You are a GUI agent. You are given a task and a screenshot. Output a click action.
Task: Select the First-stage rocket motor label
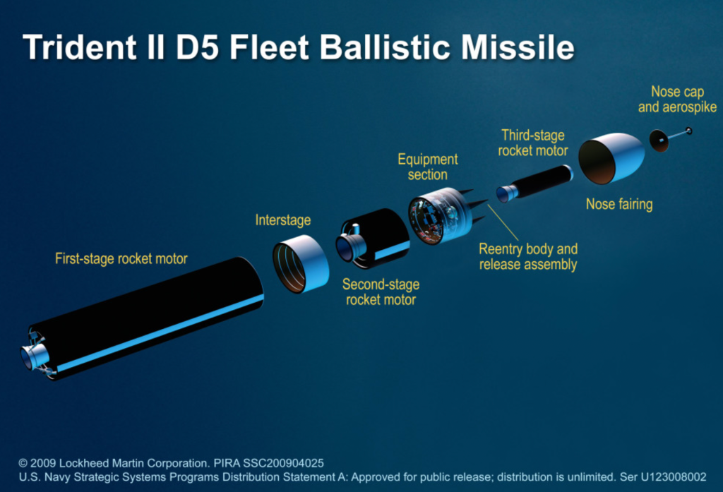click(121, 259)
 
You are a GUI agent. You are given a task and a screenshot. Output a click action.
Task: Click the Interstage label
click(282, 220)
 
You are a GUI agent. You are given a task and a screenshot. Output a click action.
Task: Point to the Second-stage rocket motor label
click(381, 292)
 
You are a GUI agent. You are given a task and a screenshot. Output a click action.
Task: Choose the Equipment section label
click(427, 167)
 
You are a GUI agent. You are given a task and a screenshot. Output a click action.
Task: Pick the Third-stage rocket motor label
click(533, 143)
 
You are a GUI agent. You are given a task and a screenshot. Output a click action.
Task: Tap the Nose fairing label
click(619, 205)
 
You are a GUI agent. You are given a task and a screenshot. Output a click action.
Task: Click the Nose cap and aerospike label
click(684, 100)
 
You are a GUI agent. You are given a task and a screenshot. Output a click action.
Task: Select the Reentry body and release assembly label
click(528, 257)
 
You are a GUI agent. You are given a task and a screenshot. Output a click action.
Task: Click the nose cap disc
click(659, 140)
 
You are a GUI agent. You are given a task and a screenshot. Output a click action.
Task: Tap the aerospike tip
click(688, 131)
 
